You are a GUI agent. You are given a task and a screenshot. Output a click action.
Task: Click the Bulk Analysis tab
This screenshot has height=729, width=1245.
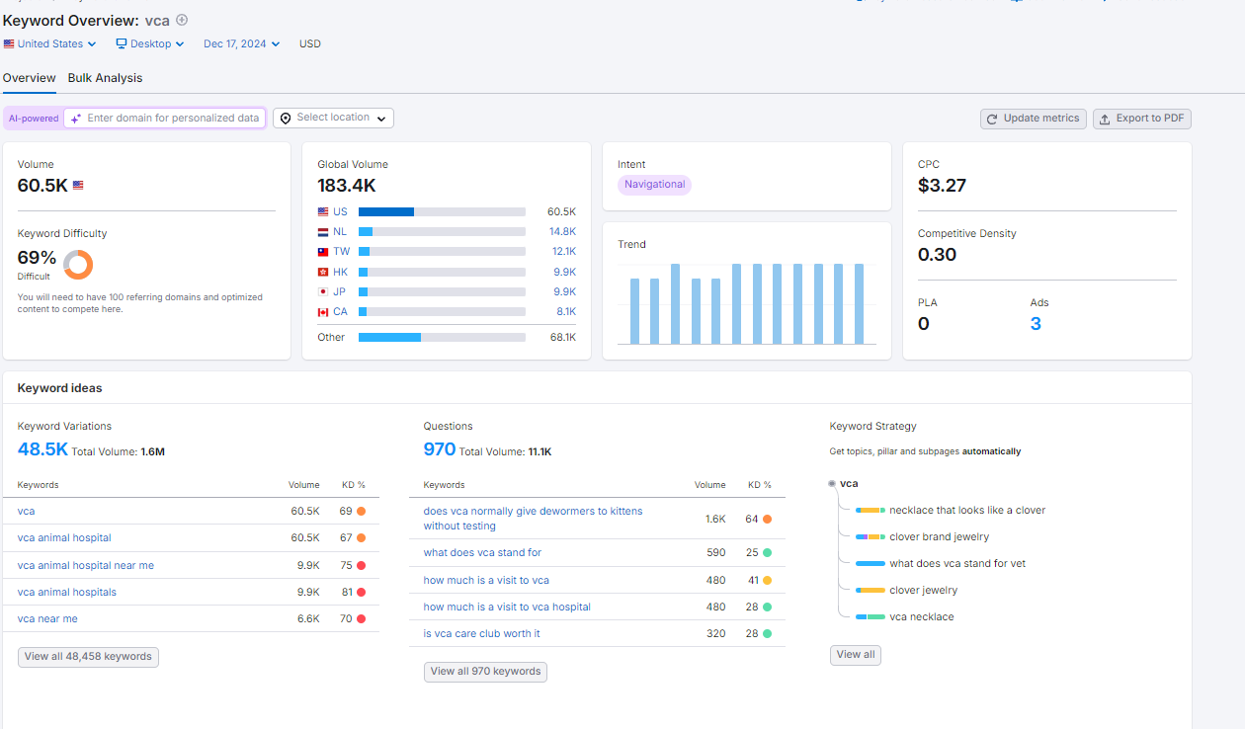pyautogui.click(x=105, y=78)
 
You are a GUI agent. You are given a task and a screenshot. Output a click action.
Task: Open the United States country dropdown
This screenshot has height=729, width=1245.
pyautogui.click(x=50, y=43)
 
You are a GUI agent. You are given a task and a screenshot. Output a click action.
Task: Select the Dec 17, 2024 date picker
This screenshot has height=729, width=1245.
pyautogui.click(x=241, y=43)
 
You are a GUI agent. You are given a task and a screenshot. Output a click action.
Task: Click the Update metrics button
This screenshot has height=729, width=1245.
pyautogui.click(x=1033, y=119)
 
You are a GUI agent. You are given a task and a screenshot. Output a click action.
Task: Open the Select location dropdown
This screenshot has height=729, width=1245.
pyautogui.click(x=333, y=118)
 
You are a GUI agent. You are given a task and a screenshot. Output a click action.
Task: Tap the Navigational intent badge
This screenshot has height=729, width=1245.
pyautogui.click(x=654, y=185)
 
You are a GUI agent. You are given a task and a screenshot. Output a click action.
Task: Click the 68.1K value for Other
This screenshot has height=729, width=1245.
pyautogui.click(x=563, y=337)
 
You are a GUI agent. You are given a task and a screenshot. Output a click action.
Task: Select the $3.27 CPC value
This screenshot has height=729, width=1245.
pyautogui.click(x=942, y=186)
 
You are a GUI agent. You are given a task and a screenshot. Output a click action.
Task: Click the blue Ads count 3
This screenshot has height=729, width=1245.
pyautogui.click(x=1036, y=324)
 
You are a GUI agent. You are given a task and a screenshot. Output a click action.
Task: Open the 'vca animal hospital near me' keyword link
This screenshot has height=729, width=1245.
pyautogui.click(x=86, y=566)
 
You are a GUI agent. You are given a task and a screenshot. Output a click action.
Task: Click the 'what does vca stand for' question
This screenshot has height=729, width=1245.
pyautogui.click(x=482, y=553)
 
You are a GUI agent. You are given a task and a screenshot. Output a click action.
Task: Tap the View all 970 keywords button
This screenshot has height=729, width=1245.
pyautogui.click(x=485, y=672)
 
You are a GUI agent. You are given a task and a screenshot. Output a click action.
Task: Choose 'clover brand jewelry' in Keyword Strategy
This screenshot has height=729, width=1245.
pyautogui.click(x=940, y=536)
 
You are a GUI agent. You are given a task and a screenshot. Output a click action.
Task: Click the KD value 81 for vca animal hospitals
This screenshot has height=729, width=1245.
pyautogui.click(x=347, y=593)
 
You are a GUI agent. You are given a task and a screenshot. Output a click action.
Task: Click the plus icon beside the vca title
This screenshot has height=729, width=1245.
pyautogui.click(x=182, y=20)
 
